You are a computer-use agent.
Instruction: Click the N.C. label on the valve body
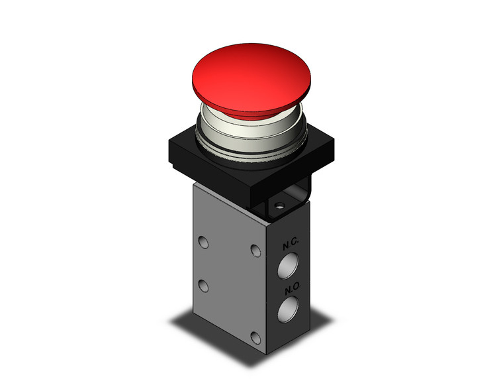click(290, 245)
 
